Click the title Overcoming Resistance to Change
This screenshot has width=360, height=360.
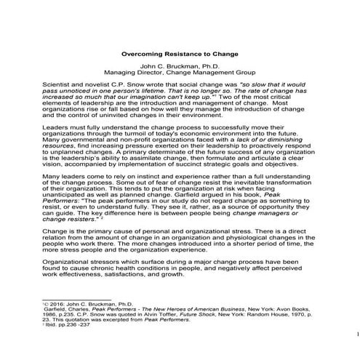tap(180, 53)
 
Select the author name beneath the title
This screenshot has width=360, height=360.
tap(180, 66)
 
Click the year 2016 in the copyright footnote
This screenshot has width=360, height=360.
tap(55, 321)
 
